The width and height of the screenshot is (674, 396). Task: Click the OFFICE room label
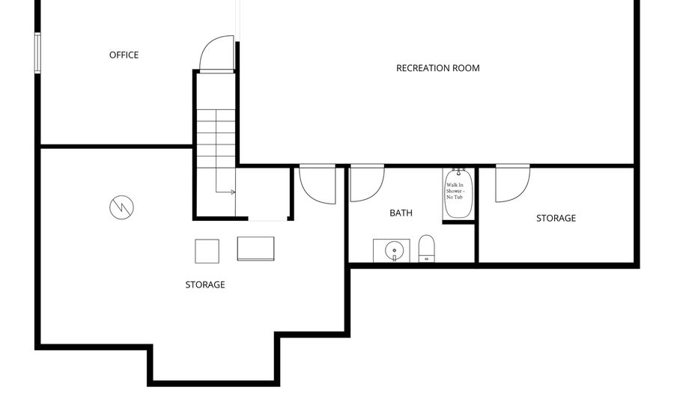(x=124, y=55)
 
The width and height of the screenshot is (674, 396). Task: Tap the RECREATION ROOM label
(x=437, y=68)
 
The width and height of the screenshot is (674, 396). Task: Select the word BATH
(x=401, y=213)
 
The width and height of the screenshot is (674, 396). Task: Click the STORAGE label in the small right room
(x=556, y=219)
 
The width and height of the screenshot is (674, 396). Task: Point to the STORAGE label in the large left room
(x=204, y=284)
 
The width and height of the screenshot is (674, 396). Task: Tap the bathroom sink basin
(x=392, y=251)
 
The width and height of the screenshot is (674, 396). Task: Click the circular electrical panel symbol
(x=121, y=207)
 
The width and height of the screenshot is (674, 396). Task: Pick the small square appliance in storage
(x=207, y=251)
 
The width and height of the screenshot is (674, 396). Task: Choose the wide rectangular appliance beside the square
(x=255, y=249)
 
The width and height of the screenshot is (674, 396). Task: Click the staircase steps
(x=216, y=142)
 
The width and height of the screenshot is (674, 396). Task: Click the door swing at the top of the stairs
(x=216, y=54)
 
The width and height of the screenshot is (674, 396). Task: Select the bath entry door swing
(x=366, y=183)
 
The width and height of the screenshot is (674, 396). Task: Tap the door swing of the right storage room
(x=512, y=183)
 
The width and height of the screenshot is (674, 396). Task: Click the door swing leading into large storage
(x=317, y=184)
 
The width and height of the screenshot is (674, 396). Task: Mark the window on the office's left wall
(x=37, y=52)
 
